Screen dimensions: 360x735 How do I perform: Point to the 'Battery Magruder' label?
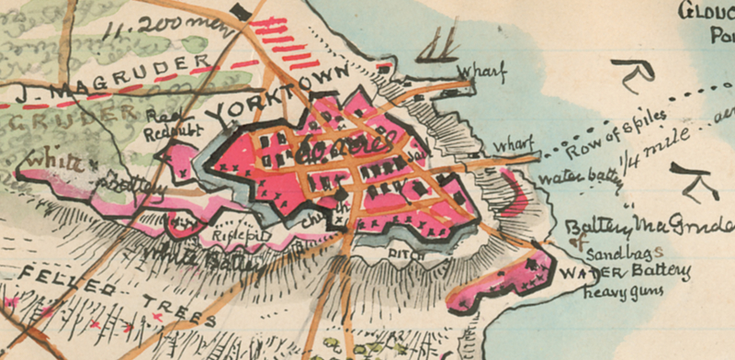tap(649, 226)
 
